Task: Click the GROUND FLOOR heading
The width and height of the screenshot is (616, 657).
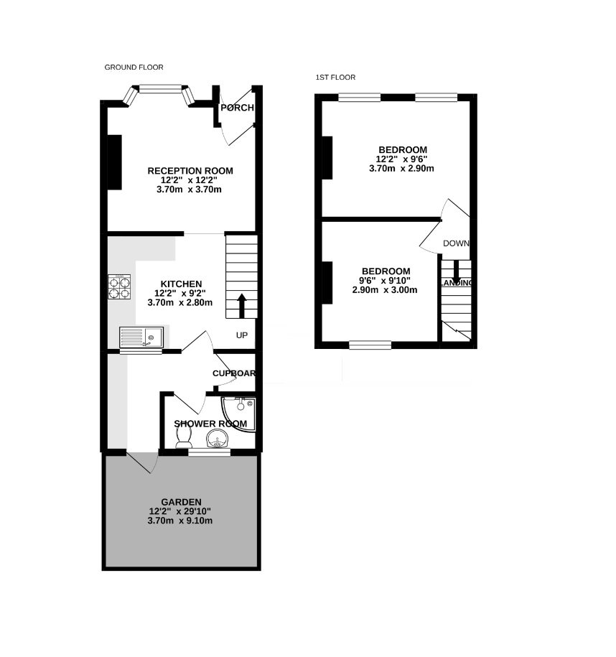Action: (x=134, y=67)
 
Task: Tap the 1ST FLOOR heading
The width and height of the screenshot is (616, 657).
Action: (x=335, y=77)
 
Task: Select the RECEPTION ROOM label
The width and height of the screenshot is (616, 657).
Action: (x=190, y=171)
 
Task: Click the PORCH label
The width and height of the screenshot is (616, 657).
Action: (x=237, y=108)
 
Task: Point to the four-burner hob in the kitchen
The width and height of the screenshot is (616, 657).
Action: (x=119, y=286)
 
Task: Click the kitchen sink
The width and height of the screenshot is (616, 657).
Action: (x=141, y=337)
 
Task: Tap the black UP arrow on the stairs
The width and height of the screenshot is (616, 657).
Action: (x=242, y=306)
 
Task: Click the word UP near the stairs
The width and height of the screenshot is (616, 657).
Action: (x=242, y=335)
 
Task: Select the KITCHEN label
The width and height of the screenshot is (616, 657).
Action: (x=181, y=284)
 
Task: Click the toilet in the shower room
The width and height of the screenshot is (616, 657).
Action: (x=184, y=438)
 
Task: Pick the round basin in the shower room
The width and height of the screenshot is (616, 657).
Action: (x=217, y=439)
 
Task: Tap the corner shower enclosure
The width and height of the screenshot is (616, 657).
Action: (x=238, y=414)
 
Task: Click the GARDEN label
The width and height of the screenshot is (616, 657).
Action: (x=181, y=502)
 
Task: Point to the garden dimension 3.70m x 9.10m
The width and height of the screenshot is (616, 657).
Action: (x=179, y=521)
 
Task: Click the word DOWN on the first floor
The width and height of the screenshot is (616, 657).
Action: (x=456, y=243)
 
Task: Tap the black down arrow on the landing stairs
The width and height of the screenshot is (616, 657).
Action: (x=456, y=272)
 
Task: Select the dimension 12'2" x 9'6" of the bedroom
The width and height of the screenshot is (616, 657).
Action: (x=401, y=159)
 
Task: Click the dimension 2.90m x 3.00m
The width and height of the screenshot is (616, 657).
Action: (x=385, y=290)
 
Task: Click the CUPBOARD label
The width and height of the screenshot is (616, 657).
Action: (x=234, y=373)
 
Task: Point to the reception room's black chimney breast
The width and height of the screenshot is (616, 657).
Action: (x=115, y=162)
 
